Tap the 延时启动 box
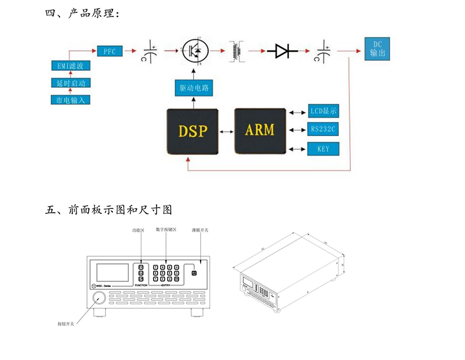pyautogui.click(x=70, y=83)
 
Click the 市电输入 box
pyautogui.click(x=70, y=100)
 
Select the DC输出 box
pyautogui.click(x=377, y=49)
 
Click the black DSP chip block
pyautogui.click(x=193, y=131)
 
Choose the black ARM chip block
pyautogui.click(x=260, y=130)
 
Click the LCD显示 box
pyautogui.click(x=324, y=111)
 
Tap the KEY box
pyautogui.click(x=324, y=148)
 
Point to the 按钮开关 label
pyautogui.click(x=66, y=324)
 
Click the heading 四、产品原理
pyautogui.click(x=82, y=12)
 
